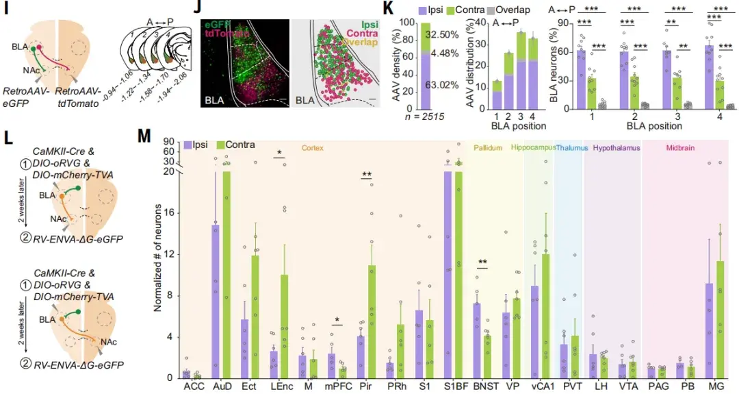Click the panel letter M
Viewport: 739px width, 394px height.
click(144, 136)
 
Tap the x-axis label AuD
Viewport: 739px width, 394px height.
click(220, 386)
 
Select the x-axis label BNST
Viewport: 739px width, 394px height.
click(479, 386)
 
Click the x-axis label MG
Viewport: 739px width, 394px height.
click(710, 386)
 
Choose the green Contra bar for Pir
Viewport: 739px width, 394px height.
click(372, 322)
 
